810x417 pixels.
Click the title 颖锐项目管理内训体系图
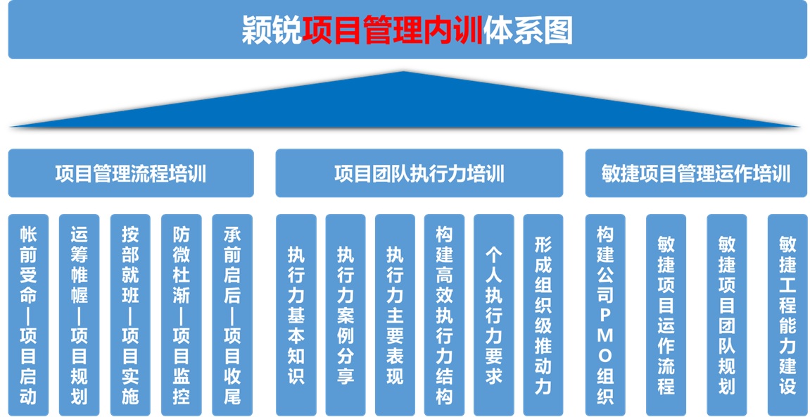point(407,31)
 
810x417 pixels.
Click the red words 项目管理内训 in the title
point(393,31)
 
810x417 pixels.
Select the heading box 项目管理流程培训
point(131,173)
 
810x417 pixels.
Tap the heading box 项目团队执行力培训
point(419,173)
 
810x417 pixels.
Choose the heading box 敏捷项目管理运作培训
point(697,173)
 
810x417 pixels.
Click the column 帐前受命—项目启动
point(28,315)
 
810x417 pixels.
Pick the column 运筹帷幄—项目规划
point(79,315)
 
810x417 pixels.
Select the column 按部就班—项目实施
point(130,315)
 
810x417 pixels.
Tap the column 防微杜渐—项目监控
point(182,315)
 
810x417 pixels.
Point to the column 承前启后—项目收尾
point(232,315)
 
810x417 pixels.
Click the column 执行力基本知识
point(296,315)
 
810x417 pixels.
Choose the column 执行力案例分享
point(346,315)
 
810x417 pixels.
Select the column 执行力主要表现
point(395,315)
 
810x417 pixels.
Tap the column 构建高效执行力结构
point(444,315)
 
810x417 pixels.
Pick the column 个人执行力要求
point(494,315)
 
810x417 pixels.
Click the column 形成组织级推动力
point(543,315)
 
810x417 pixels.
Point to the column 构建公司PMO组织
point(605,315)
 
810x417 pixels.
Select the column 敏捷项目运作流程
point(666,315)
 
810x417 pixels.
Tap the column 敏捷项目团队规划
point(727,315)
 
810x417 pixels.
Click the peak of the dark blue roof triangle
point(403,71)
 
